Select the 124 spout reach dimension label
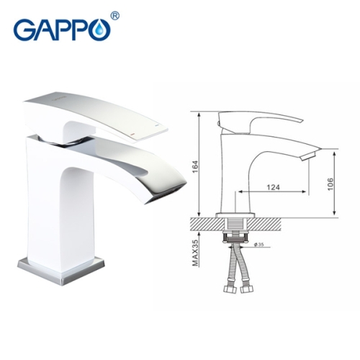tap(272, 186)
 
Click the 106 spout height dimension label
tap(330, 181)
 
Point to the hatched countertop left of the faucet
tap(205, 221)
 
